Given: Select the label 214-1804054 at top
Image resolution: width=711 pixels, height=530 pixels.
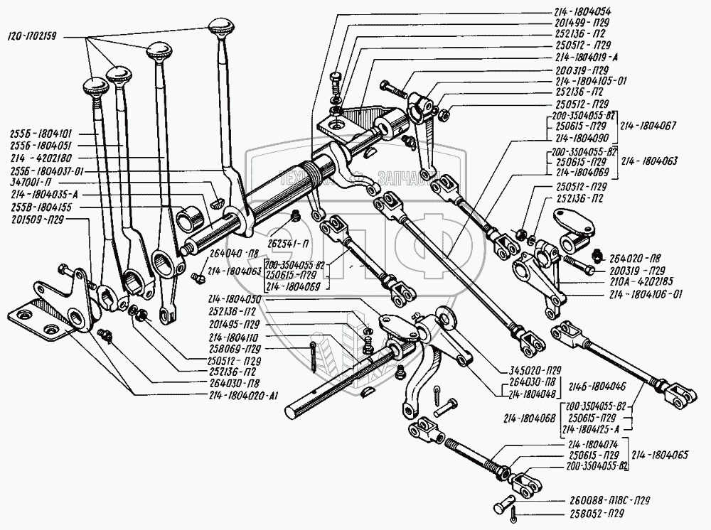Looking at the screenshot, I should pyautogui.click(x=582, y=12).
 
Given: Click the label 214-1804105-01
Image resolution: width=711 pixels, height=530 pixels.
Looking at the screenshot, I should pyautogui.click(x=587, y=80).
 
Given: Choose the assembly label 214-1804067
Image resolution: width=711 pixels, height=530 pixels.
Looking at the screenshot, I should pyautogui.click(x=648, y=126).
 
